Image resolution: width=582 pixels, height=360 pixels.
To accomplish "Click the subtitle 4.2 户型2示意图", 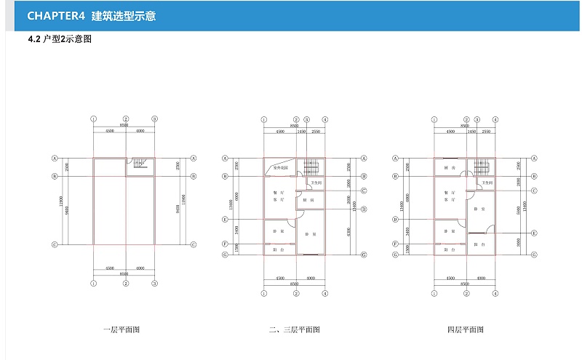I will pos(59,39).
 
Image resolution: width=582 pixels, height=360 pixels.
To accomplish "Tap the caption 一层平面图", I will pos(121,329).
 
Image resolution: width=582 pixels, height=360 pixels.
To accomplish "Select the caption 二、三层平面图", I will pos(294,329).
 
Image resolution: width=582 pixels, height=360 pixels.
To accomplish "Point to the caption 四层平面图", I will pos(465,329).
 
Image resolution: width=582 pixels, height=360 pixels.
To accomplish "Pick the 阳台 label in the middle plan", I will pos(279,249).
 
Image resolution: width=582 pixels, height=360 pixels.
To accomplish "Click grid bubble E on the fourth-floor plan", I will pos(534,233).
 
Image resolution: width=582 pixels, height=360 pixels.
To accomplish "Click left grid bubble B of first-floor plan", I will pos(55,176).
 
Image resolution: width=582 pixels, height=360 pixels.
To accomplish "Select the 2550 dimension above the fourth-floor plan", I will pos(485,132).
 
